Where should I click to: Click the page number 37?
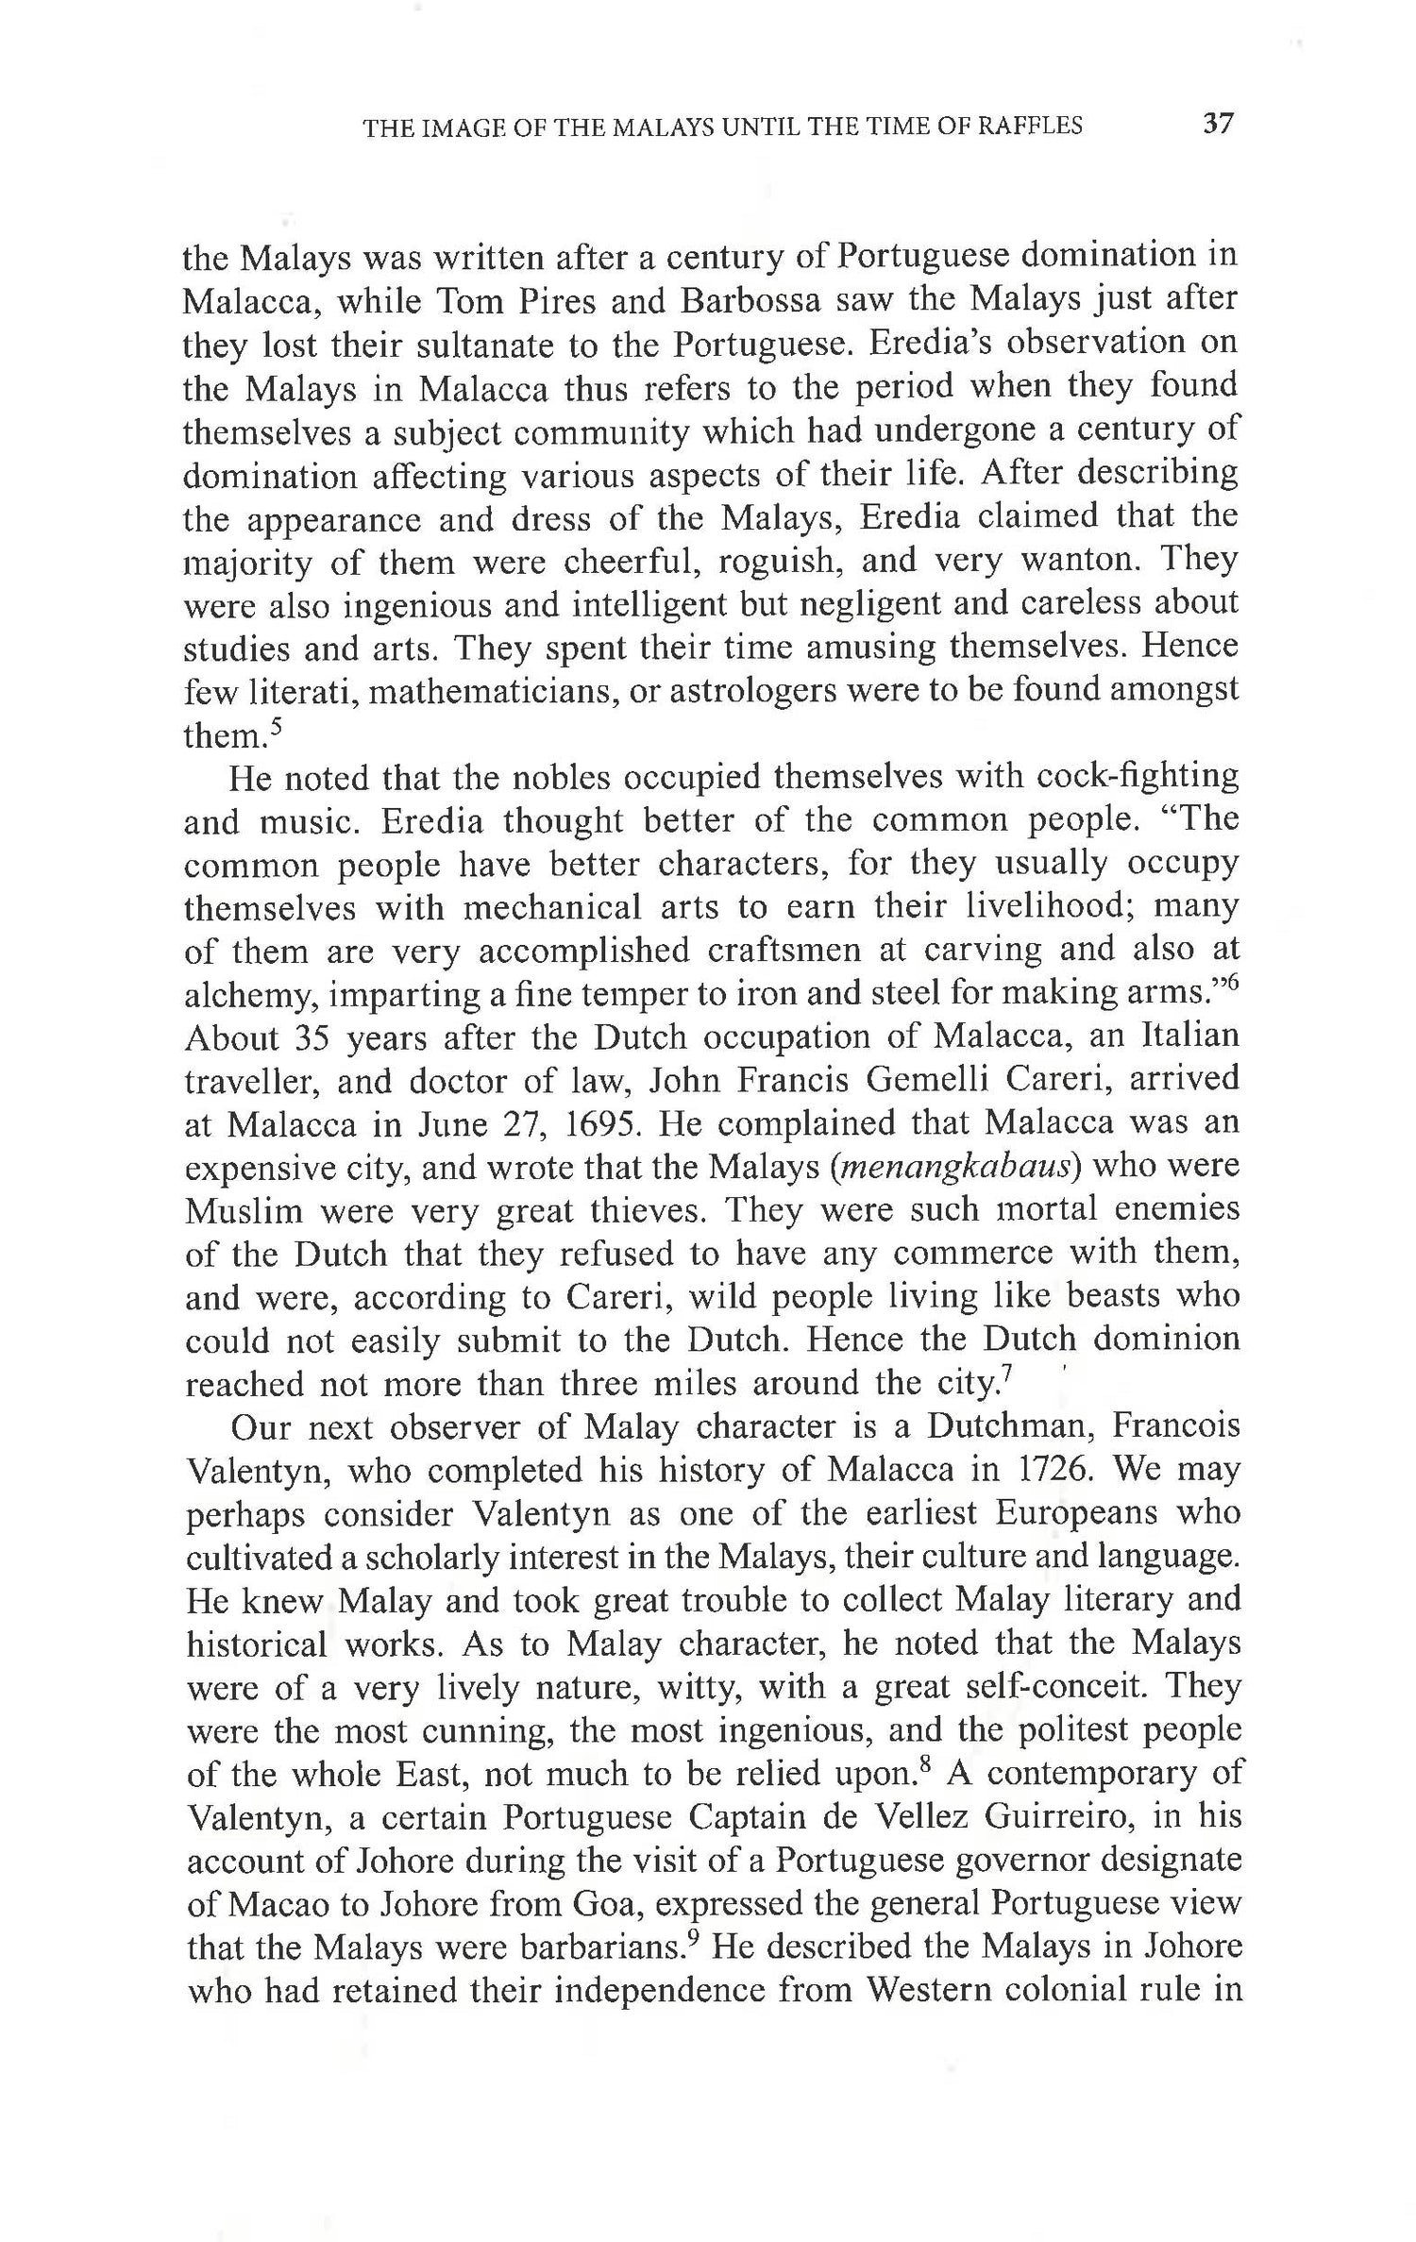pyautogui.click(x=1219, y=124)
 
